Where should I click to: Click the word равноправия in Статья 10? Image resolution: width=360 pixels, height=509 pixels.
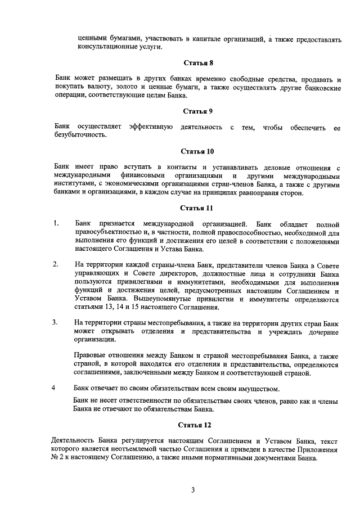[x=267, y=193]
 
